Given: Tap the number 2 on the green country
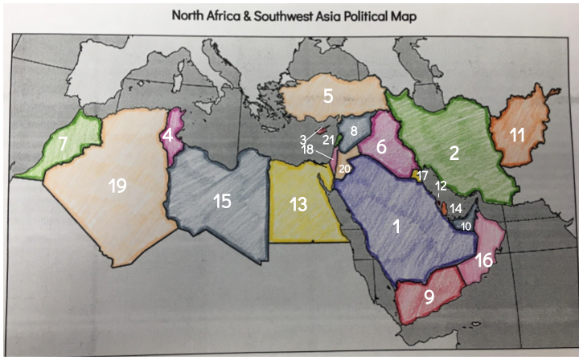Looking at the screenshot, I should [x=454, y=153].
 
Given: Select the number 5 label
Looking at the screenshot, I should [x=328, y=96].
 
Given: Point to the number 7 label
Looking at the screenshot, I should [x=62, y=145].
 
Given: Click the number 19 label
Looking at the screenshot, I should [x=118, y=186].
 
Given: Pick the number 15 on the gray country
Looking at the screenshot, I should [x=223, y=201].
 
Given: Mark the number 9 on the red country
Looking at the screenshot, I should [x=429, y=297].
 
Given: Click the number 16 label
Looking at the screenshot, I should [x=483, y=260].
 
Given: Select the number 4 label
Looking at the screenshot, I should [x=166, y=136].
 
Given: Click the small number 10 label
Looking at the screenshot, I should [x=466, y=227].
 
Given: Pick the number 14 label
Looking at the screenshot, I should [x=456, y=208].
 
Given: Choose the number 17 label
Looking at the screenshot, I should [x=422, y=176].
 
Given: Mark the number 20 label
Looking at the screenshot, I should [x=344, y=169].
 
